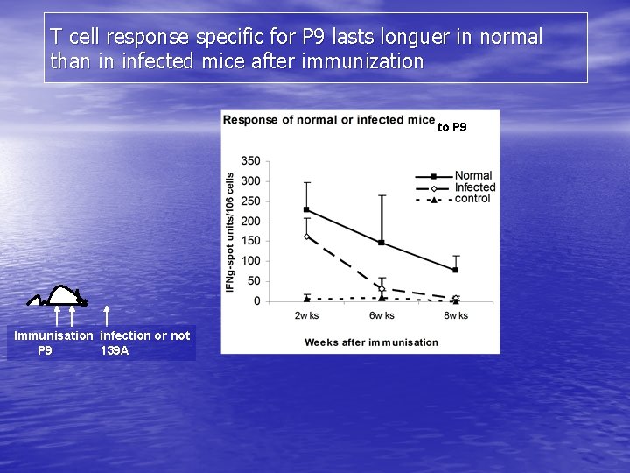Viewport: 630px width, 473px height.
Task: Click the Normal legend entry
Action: pyautogui.click(x=473, y=175)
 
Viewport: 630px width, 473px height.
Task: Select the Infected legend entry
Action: pyautogui.click(x=475, y=187)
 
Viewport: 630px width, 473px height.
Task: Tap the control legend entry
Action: pyautogui.click(x=472, y=199)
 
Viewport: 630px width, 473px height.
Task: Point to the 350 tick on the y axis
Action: pyautogui.click(x=250, y=161)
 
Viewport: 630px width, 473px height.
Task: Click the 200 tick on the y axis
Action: pyautogui.click(x=250, y=222)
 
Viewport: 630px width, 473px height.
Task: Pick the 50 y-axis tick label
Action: pyautogui.click(x=253, y=281)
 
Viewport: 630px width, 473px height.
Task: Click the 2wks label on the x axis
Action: pyautogui.click(x=306, y=315)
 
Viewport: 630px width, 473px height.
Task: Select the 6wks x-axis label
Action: pyautogui.click(x=381, y=315)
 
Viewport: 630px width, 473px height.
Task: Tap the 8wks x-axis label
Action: pyautogui.click(x=455, y=315)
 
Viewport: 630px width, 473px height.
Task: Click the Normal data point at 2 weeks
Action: pyautogui.click(x=306, y=209)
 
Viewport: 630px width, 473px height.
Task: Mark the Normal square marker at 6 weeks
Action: pyautogui.click(x=381, y=243)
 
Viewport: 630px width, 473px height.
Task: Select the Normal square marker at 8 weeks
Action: pyautogui.click(x=455, y=270)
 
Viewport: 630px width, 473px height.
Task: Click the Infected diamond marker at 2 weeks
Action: pyautogui.click(x=306, y=236)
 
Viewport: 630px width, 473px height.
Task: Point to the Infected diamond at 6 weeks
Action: pyautogui.click(x=381, y=288)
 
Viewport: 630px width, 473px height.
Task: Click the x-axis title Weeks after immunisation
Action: pyautogui.click(x=371, y=342)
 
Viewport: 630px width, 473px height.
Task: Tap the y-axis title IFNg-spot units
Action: pyautogui.click(x=230, y=232)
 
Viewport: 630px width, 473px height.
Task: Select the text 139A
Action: pyautogui.click(x=115, y=350)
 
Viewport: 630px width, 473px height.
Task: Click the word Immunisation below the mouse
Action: pyautogui.click(x=53, y=335)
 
